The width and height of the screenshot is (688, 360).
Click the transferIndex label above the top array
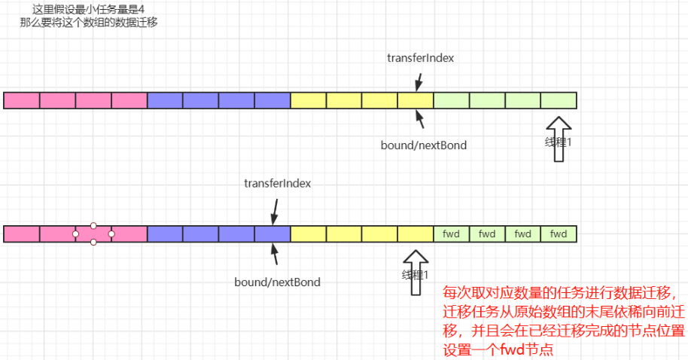point(420,58)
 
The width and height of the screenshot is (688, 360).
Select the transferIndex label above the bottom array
point(277,183)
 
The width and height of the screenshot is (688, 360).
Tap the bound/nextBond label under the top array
point(423,145)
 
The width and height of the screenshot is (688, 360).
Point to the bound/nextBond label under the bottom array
point(277,282)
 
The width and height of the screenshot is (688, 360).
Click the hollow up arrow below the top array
point(559,139)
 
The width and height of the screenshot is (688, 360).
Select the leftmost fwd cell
point(451,234)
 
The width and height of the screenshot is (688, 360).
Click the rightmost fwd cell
point(559,234)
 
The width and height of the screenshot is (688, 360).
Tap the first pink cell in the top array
point(21,100)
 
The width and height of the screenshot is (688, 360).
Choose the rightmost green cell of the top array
point(559,100)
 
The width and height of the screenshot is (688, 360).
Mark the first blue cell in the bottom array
point(165,234)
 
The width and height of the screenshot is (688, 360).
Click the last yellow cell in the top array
point(416,100)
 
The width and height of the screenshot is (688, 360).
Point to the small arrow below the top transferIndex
point(419,79)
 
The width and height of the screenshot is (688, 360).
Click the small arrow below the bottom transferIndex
point(274,211)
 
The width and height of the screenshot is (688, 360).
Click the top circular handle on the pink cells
point(93,225)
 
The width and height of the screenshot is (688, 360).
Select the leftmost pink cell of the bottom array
point(21,234)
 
